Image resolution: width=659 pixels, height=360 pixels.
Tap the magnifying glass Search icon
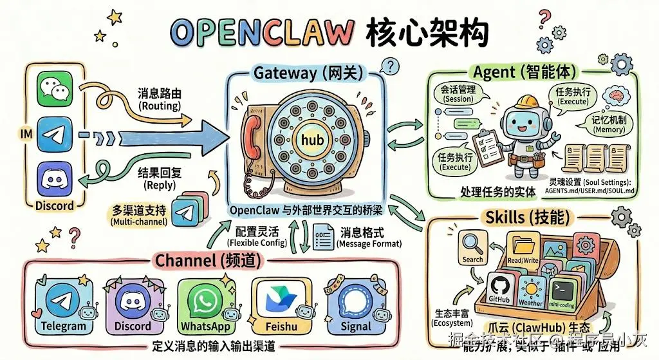(x=472, y=245)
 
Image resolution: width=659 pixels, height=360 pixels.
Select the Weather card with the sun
(x=531, y=290)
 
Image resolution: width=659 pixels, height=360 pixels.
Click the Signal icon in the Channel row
(x=355, y=300)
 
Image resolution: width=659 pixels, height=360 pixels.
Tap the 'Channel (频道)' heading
(x=199, y=261)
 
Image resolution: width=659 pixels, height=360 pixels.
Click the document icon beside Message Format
(x=321, y=238)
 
